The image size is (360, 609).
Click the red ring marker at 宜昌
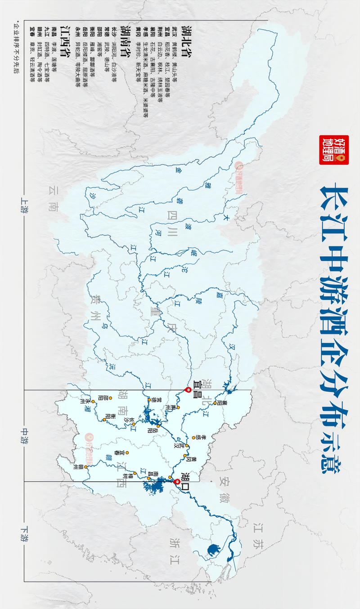[188, 390]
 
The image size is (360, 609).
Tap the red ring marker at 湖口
[177, 482]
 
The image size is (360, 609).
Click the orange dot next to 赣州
[85, 467]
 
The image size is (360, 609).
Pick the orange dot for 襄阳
[215, 403]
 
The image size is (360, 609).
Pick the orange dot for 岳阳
[158, 425]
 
